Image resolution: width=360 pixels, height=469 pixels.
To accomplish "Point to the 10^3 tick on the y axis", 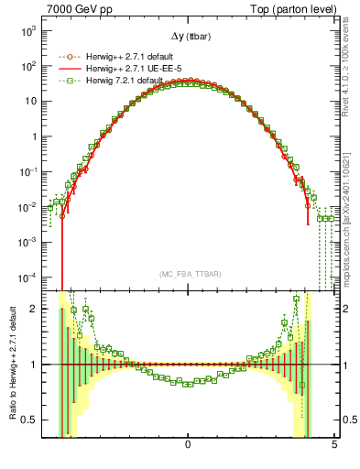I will [x=27, y=30].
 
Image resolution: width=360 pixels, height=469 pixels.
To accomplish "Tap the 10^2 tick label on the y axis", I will [x=27, y=66].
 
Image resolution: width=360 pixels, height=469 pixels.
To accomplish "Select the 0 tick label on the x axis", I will [x=188, y=445].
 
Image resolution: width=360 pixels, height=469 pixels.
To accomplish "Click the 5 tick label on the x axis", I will [x=334, y=445].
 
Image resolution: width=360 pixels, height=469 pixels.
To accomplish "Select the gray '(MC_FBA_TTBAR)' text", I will [x=189, y=274].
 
